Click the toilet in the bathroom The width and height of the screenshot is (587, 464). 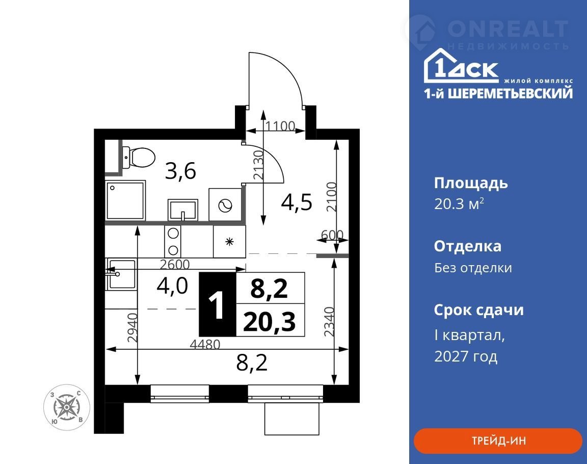pos(139,158)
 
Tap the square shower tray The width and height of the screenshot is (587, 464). pos(125,200)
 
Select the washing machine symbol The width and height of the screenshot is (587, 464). pos(225,204)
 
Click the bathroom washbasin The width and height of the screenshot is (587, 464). pos(183,210)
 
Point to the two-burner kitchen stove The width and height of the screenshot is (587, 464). pos(173,241)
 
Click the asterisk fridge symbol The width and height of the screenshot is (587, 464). pos(229,242)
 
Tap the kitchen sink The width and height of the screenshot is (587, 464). pos(121,274)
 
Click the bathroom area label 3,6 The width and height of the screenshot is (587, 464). pos(181,171)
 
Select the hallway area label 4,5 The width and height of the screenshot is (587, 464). pos(297,202)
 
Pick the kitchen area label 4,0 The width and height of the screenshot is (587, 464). pos(172,286)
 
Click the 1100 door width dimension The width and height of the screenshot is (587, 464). pos(280,126)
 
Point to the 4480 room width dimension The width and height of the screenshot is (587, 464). pos(205,344)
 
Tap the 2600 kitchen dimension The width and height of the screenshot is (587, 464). pos(175,265)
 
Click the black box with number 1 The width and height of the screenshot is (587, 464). pos(217,304)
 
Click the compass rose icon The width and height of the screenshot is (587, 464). pos(67,407)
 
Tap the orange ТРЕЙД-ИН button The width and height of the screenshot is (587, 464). pos(498,441)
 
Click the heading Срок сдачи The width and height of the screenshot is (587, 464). pos(479,310)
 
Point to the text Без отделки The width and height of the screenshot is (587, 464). pos(473,268)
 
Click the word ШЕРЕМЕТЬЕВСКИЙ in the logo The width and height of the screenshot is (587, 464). pos(510,93)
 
